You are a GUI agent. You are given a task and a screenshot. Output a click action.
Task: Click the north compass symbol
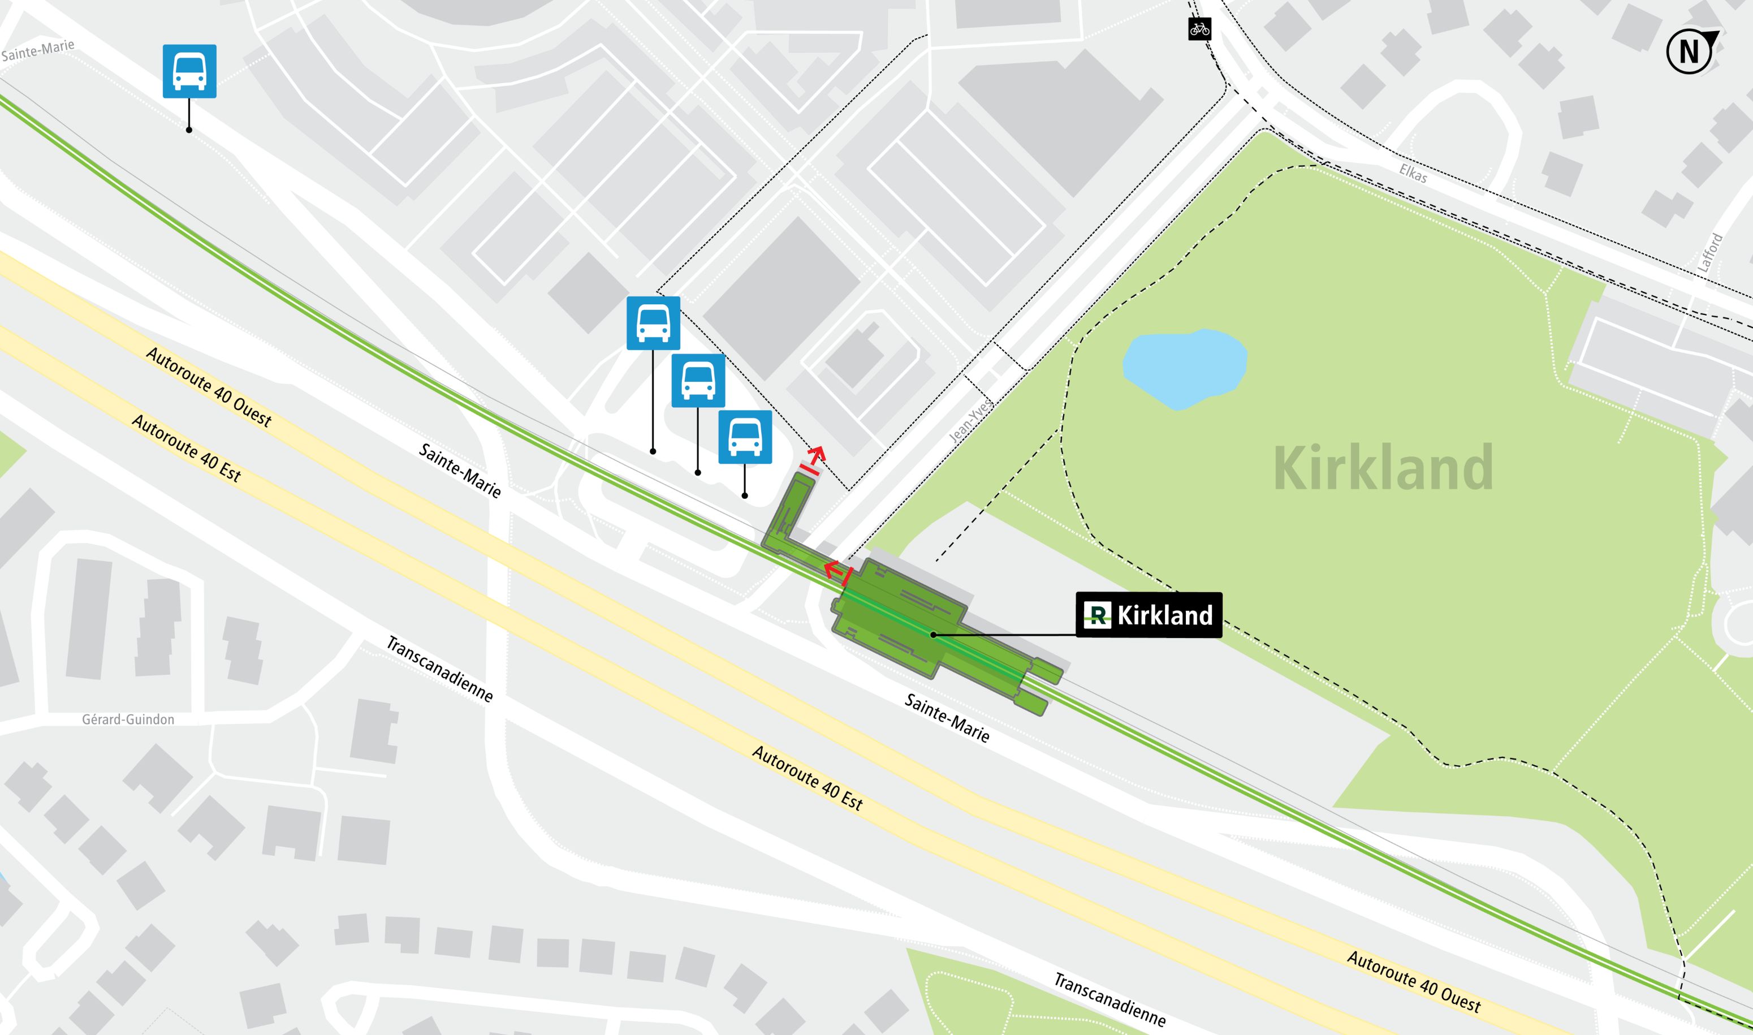(x=1690, y=51)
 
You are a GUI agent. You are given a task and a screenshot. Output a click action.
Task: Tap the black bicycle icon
(x=1199, y=29)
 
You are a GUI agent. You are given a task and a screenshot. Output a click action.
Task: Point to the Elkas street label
(x=1413, y=174)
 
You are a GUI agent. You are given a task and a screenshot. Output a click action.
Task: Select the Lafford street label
(x=1710, y=252)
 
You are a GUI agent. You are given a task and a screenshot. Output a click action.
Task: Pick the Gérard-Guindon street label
(x=128, y=719)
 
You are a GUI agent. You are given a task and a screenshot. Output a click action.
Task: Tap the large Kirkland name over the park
(x=1383, y=468)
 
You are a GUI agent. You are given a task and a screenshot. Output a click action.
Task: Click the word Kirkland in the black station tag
(x=1164, y=615)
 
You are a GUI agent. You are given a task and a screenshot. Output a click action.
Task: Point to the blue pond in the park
(x=1184, y=368)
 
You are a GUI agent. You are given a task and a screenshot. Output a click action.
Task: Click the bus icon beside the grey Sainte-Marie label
(x=189, y=71)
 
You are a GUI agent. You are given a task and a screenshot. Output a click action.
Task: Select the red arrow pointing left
(x=832, y=571)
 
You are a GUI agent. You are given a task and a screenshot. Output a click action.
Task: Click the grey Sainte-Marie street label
(x=38, y=50)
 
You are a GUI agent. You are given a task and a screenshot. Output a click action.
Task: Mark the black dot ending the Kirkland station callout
(x=933, y=635)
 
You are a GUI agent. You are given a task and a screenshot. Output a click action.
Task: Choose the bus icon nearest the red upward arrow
(x=745, y=437)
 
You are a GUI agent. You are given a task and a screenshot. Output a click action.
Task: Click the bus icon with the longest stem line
(x=653, y=323)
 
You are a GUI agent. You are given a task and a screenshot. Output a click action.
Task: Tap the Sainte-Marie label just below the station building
(x=946, y=718)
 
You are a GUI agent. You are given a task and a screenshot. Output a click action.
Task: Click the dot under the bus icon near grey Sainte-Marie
(x=189, y=130)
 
